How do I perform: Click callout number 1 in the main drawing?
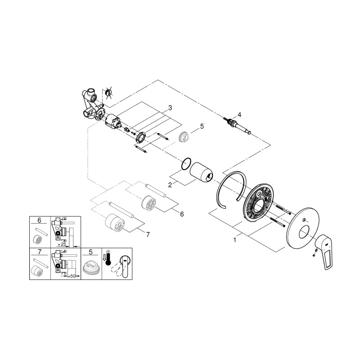click(234, 240)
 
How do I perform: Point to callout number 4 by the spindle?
click(239, 114)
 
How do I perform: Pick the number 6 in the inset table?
click(39, 220)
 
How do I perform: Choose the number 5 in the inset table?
click(91, 252)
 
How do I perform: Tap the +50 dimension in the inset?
click(70, 275)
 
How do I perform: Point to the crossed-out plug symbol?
click(108, 93)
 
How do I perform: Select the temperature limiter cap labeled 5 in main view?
click(184, 137)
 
